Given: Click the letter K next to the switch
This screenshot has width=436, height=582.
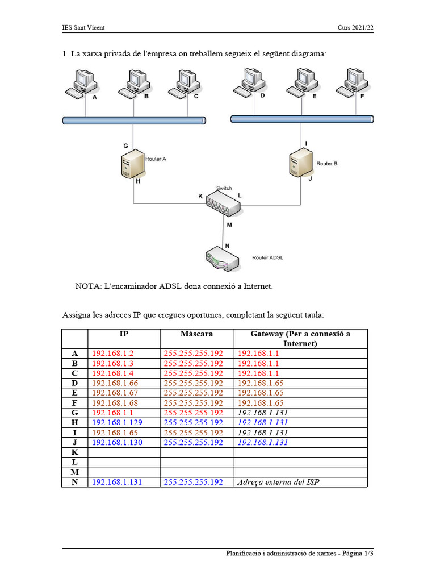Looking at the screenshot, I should click(200, 196).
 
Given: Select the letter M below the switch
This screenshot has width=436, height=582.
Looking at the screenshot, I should click(229, 225).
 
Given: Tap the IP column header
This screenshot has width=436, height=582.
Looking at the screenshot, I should click(124, 334).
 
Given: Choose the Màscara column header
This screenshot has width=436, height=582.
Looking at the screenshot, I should click(196, 334).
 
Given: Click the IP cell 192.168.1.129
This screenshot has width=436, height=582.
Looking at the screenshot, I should click(118, 422).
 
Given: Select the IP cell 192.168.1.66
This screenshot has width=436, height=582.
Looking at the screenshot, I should click(115, 383).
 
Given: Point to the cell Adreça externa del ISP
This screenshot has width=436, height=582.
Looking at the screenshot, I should click(282, 482).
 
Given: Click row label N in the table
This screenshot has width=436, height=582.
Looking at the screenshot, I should click(75, 482).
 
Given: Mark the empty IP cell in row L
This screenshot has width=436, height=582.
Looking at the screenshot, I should click(124, 462).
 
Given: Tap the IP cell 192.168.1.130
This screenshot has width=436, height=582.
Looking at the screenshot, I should click(118, 442).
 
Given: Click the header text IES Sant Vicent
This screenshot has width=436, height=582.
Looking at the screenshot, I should click(83, 28).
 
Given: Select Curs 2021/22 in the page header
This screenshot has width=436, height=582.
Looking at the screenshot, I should click(355, 28).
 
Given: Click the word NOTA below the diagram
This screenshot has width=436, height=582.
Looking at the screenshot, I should click(87, 286).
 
